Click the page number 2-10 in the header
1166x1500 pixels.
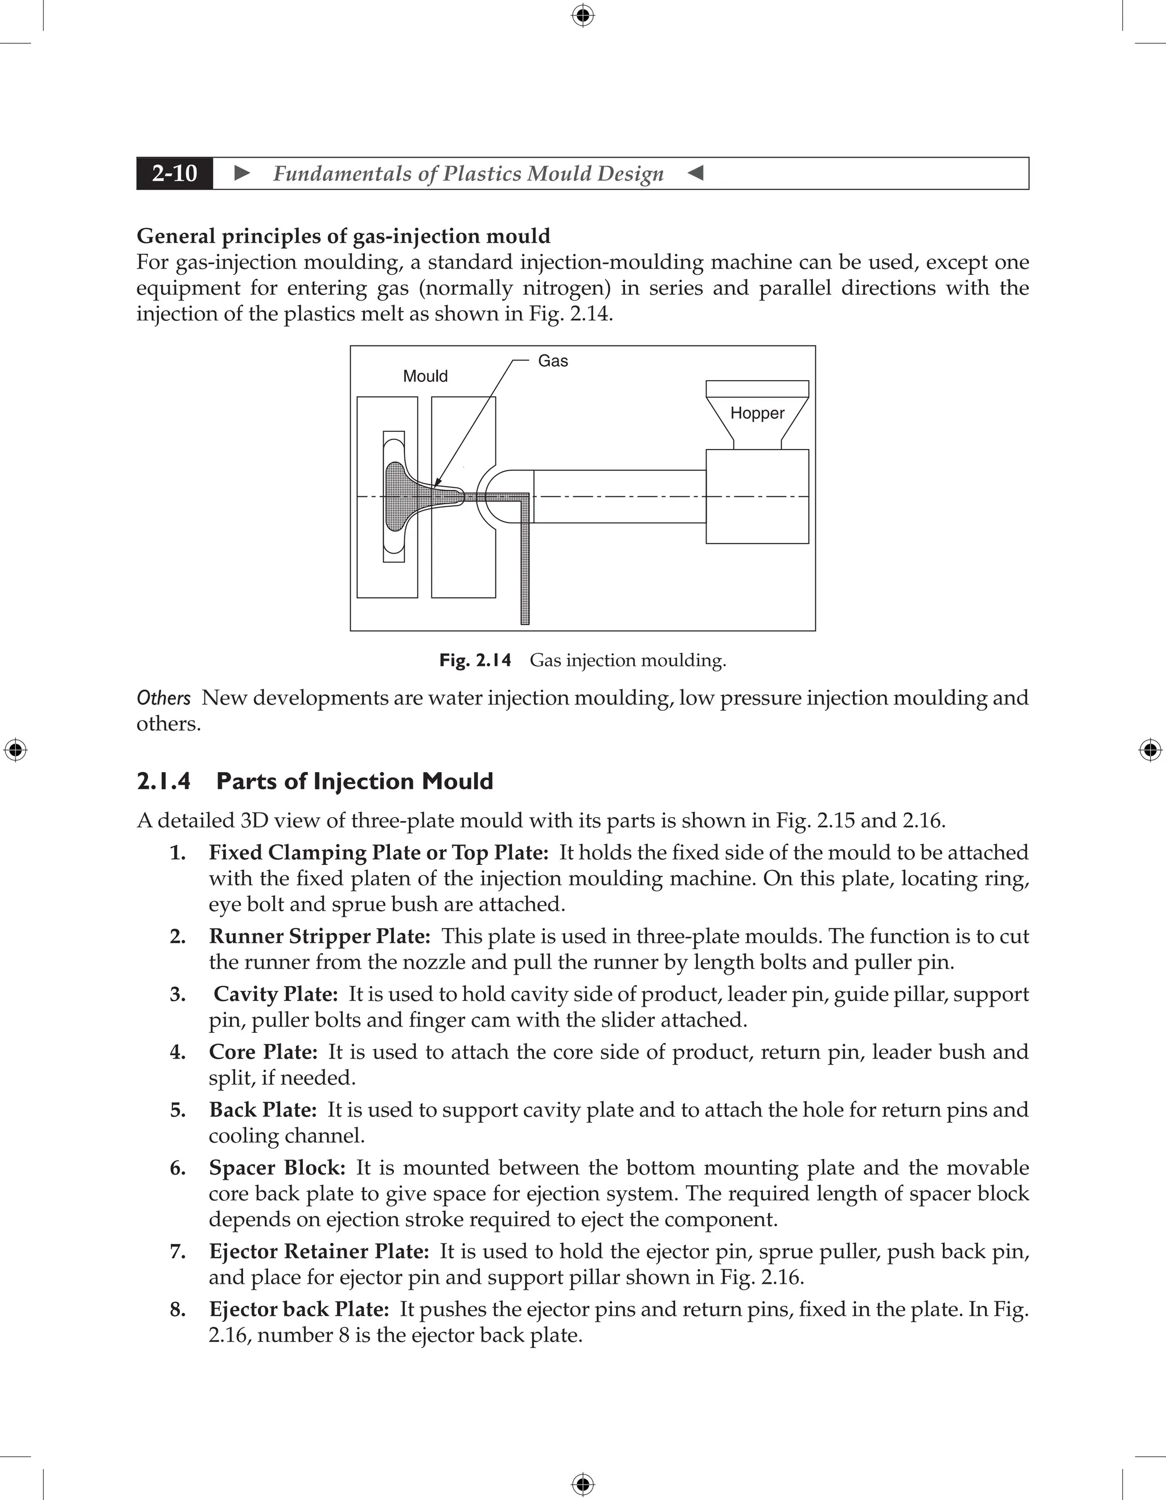[x=175, y=173]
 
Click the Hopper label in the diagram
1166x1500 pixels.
[x=757, y=413]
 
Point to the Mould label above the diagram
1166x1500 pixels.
[x=425, y=376]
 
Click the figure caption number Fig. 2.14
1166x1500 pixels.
[x=475, y=660]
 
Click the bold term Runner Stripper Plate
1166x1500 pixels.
[x=319, y=936]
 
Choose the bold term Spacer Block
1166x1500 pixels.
[x=277, y=1167]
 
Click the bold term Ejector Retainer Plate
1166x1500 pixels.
[x=319, y=1251]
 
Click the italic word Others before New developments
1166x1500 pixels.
[x=163, y=698]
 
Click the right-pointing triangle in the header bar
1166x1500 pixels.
[x=242, y=173]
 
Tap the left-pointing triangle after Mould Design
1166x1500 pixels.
[x=695, y=173]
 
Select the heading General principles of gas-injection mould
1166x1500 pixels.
[x=343, y=236]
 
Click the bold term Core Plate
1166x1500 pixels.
[x=262, y=1052]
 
